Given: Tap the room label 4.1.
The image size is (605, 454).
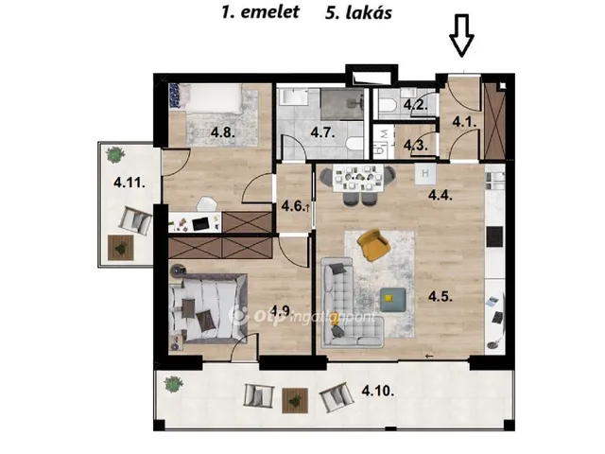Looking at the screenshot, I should coord(462,121).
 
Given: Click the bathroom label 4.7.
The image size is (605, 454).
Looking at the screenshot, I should coord(322,133).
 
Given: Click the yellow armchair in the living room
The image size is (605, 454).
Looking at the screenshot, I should coord(374,246).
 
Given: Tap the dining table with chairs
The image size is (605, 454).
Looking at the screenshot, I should coord(358,182).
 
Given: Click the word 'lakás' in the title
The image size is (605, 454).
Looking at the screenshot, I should coord(370,12).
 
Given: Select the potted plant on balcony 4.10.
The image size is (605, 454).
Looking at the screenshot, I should coord(171,383).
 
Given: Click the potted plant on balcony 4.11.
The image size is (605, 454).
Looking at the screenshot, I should coord(115,152).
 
